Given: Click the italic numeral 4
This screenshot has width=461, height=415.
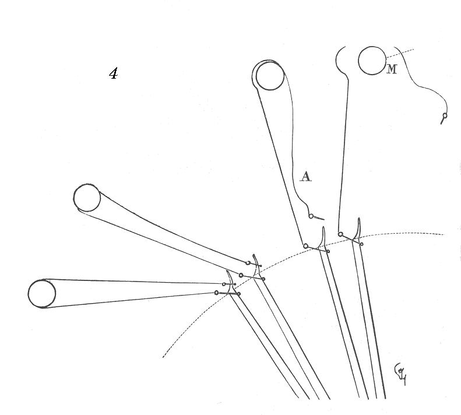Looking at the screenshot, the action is [114, 73].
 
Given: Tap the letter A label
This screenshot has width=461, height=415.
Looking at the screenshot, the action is [305, 176].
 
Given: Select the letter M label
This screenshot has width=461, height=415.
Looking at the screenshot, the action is [392, 70].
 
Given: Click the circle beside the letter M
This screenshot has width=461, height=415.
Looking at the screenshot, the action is [371, 61].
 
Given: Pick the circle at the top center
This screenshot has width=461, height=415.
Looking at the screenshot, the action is [270, 76].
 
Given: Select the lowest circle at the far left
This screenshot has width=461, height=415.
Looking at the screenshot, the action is [42, 293].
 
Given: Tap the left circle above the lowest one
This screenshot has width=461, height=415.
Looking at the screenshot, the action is [87, 198].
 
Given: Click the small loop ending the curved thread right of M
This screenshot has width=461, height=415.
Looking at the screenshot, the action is [445, 116].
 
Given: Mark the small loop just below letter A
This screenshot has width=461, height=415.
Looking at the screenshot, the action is [311, 216].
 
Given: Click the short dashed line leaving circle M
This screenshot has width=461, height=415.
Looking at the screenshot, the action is [400, 53].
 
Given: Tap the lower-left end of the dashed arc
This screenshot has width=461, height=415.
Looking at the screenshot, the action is [164, 356].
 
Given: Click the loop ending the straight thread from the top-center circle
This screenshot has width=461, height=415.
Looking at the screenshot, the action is [305, 246].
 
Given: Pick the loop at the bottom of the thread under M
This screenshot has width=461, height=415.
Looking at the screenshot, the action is [340, 234].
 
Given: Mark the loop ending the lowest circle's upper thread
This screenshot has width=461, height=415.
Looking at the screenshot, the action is [223, 284].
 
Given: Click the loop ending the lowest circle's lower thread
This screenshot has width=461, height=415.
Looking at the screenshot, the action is [216, 292].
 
